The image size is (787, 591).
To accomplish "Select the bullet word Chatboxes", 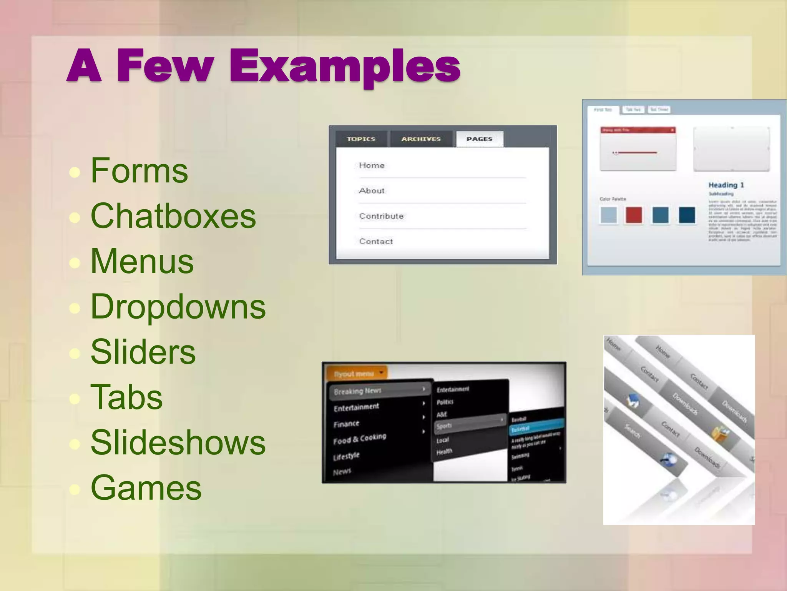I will tap(173, 216).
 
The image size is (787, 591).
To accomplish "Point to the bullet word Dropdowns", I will tap(178, 307).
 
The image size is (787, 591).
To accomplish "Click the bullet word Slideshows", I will tap(178, 442).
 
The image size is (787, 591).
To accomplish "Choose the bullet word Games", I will tap(146, 488).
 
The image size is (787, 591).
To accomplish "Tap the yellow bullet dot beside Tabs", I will tap(75, 398).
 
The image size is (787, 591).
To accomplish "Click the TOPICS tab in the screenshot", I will tap(361, 139).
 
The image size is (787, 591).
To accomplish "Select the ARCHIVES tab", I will tap(421, 139).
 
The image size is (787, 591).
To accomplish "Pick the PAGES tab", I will tap(479, 139).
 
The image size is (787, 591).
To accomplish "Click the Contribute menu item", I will tap(381, 216).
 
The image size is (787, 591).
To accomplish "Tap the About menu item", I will tap(372, 191).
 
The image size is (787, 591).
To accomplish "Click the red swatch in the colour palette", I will tap(633, 215).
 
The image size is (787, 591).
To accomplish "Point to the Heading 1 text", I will tap(726, 185).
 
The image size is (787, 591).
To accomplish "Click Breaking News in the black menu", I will tap(357, 391).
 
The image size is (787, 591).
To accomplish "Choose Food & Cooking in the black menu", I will tap(359, 439).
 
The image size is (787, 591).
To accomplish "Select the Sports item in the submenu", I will tap(444, 426).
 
